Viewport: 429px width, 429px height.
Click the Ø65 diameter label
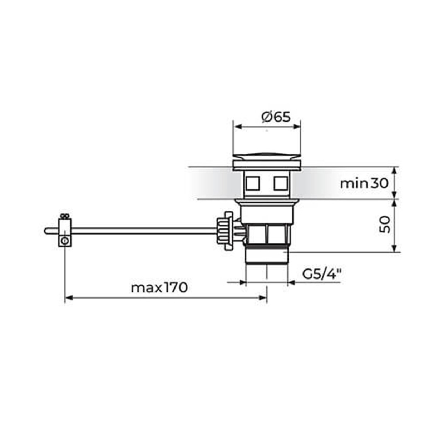[x=276, y=117]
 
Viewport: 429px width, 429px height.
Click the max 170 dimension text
[x=159, y=287]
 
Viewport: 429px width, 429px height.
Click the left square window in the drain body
[x=252, y=183]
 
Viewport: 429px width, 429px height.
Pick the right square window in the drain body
[x=281, y=183]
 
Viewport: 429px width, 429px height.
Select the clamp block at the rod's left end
[x=65, y=232]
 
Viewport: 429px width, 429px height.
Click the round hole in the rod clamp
[x=65, y=241]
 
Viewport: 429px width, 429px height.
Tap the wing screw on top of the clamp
[x=65, y=216]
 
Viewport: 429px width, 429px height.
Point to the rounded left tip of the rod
[x=46, y=231]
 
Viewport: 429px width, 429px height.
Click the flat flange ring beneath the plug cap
[x=267, y=165]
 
